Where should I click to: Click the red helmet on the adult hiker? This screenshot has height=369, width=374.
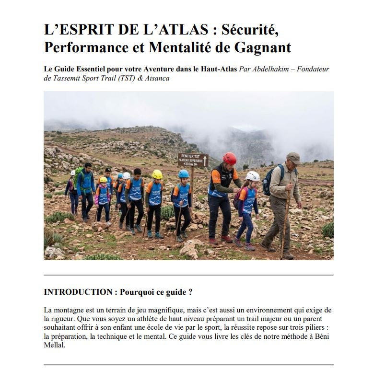230,158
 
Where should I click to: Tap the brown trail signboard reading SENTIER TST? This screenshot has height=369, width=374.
193,160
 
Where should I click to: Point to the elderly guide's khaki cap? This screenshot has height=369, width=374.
293,158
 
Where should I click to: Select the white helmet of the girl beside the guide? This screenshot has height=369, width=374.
253,176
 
